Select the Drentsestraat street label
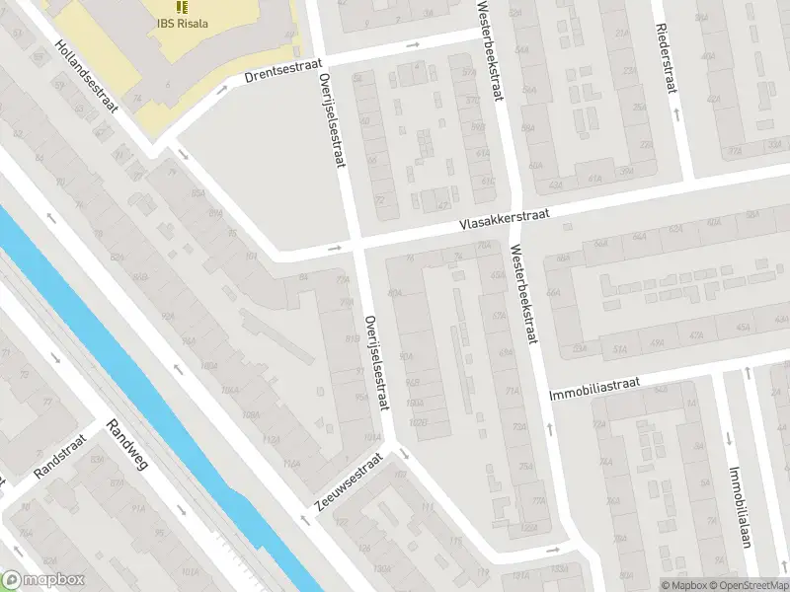pyautogui.click(x=283, y=69)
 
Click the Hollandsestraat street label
pyautogui.click(x=86, y=77)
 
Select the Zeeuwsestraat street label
pyautogui.click(x=348, y=483)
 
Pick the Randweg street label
pyautogui.click(x=126, y=445)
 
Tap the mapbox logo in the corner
pyautogui.click(x=43, y=580)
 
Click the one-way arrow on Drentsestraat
pyautogui.click(x=414, y=44)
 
